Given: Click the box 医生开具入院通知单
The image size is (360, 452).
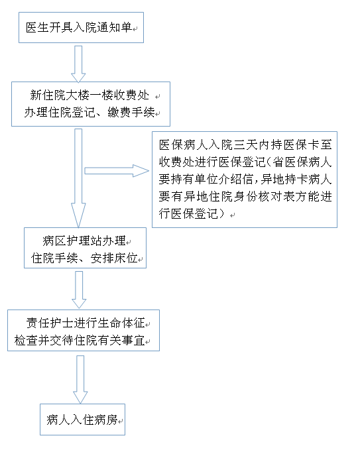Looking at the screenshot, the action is coord(81,28).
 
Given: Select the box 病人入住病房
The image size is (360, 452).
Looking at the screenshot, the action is coord(82,420).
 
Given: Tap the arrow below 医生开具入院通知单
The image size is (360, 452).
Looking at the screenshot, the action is coord(78,64).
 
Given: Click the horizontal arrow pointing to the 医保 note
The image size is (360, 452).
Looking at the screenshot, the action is coord(117,170).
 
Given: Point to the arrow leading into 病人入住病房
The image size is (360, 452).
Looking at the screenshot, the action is coord(80,379).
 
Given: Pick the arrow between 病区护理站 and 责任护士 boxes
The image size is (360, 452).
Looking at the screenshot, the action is coord(79,290).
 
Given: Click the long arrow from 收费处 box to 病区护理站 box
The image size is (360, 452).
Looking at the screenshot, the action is coord(78,178).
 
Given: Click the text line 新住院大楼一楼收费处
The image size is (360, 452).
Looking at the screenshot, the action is coord(90,95).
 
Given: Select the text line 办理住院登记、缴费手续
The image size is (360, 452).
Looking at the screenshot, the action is coord(90,113).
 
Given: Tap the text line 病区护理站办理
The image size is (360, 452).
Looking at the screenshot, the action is coord(84,241).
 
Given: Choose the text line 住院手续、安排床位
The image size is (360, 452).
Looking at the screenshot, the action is coord(84,258).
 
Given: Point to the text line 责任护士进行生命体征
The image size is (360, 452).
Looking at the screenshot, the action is coord(86,323).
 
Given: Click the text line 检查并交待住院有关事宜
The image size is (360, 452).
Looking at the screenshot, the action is coord(80,341).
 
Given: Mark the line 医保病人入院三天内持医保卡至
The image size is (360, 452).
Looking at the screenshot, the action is coord(245,144).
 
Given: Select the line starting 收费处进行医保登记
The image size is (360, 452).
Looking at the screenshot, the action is coord(245,162).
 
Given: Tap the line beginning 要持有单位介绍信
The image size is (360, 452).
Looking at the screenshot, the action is coord(245,180).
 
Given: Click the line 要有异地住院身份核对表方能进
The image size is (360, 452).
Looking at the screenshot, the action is coord(245,197).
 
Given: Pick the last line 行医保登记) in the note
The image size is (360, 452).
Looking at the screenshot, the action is coord(192,214).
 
